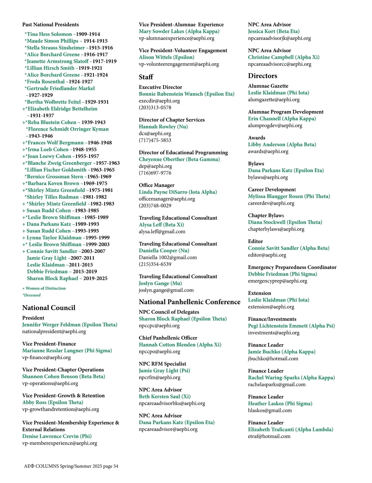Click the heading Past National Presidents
point(51,24)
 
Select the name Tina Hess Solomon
point(49,34)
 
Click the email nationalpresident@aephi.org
point(54,331)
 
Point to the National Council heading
point(49,308)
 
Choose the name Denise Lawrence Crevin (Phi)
point(57,436)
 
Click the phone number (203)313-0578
point(155,108)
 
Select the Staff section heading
point(146,77)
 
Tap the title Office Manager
point(157,185)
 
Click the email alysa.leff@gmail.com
point(162,232)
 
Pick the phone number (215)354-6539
point(155,264)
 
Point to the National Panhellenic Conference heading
point(189,302)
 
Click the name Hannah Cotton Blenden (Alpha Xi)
point(180,345)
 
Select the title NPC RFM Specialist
point(162,364)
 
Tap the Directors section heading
point(263,76)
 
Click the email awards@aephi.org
point(268,151)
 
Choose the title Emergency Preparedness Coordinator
point(292,267)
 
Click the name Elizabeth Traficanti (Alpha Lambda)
point(290,429)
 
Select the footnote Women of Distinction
point(46,288)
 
